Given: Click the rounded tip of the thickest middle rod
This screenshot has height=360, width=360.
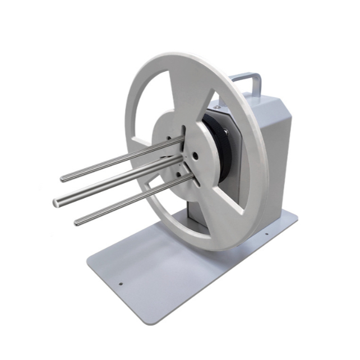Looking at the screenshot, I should click(x=57, y=202).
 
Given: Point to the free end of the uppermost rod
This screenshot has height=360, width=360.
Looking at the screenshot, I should click(x=63, y=179).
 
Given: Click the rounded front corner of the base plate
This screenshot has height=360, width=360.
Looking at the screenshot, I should click(x=93, y=264).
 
